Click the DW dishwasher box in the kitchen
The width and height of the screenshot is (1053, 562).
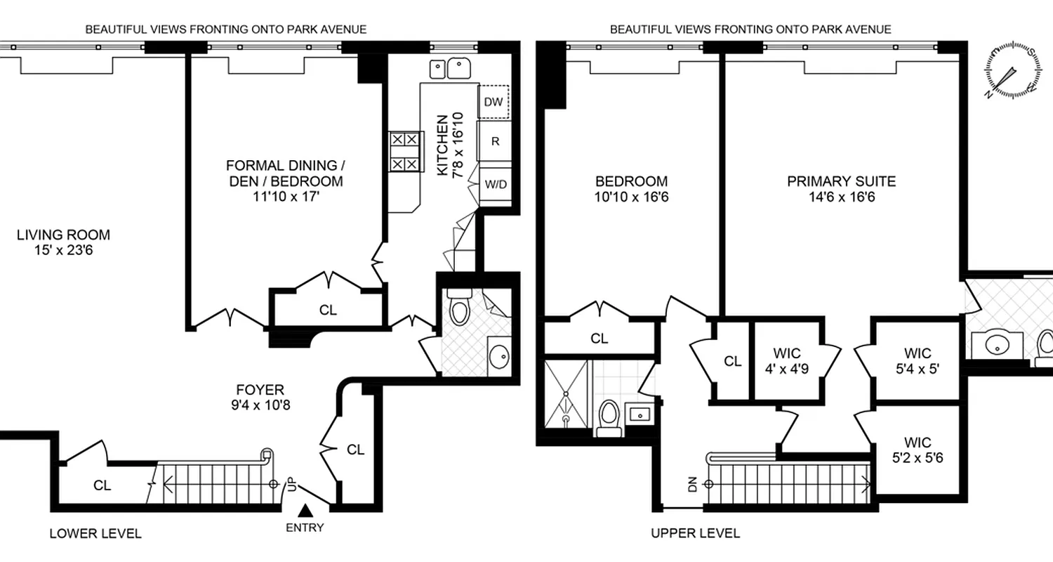coord(494,102)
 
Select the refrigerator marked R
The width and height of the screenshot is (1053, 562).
coord(494,141)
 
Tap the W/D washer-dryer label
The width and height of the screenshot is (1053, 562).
coord(494,184)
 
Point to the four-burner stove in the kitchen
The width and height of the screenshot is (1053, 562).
coord(406,152)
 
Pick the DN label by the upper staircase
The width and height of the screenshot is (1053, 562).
coord(692,484)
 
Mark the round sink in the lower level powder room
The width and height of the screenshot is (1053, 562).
coord(499,355)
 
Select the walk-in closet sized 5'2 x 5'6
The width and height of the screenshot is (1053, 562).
coord(917,449)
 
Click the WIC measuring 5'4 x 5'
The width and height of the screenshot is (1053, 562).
coord(917,360)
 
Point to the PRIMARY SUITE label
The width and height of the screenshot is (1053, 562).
coord(841,182)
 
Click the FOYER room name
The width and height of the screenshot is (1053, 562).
coord(260,390)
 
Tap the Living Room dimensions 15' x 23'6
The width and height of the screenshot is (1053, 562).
coord(63,249)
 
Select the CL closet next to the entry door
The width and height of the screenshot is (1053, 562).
coord(355,450)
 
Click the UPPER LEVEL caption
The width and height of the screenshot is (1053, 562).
coord(695,533)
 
